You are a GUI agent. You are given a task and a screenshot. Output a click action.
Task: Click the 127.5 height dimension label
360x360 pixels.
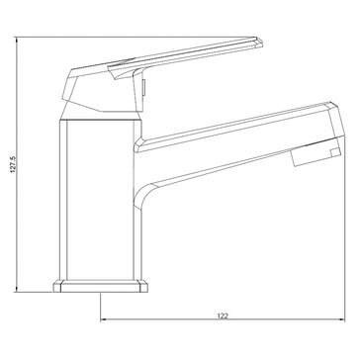point(13,164)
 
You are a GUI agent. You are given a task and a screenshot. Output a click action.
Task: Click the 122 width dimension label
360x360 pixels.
point(223,315)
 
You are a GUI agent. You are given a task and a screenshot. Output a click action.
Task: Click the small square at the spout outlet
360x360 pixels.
point(335,152)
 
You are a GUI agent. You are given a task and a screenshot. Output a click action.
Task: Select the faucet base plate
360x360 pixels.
point(101,286)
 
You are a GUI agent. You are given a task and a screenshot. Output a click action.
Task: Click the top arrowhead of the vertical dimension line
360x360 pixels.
point(16,40)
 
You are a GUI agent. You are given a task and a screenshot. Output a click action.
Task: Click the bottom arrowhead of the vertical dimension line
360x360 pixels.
point(16,290)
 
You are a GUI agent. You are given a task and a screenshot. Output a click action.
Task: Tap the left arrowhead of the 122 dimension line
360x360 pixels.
point(103,319)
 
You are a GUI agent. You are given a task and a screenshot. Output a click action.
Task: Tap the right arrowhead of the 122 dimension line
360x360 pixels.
point(341,319)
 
